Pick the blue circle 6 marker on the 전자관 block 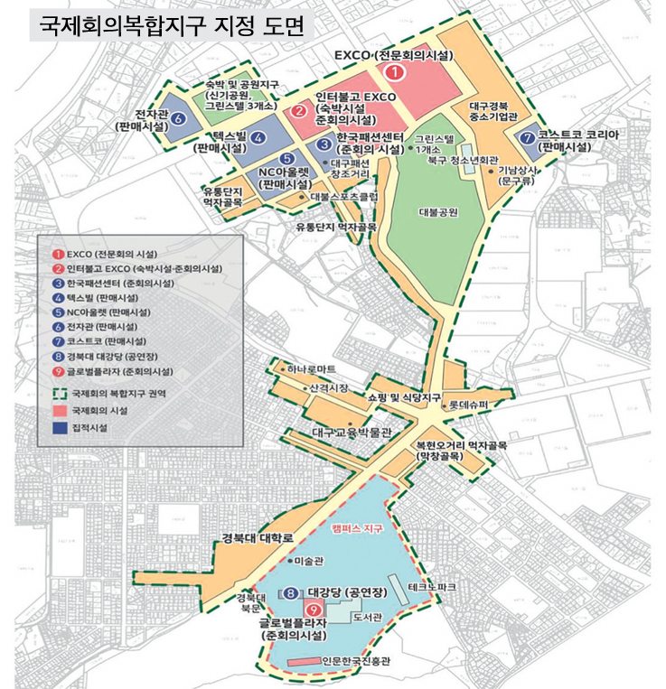(178, 118)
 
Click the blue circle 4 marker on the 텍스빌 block (259, 138)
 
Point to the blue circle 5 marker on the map (287, 161)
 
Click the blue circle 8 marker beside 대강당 (291, 593)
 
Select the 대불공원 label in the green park (439, 213)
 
